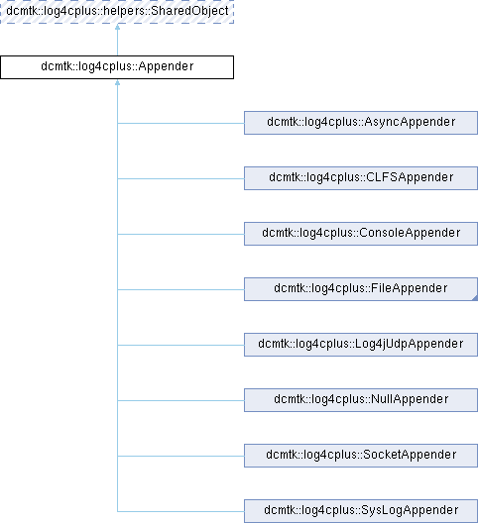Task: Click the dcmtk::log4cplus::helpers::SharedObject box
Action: point(117,11)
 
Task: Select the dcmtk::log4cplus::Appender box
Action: point(117,67)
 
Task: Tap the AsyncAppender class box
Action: point(361,123)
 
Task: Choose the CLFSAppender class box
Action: point(361,178)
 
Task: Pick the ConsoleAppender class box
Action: point(361,234)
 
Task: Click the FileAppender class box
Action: point(361,289)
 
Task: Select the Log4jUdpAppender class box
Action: point(361,345)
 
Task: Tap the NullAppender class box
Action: point(361,400)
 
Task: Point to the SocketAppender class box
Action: point(361,456)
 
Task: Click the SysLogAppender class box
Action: point(361,511)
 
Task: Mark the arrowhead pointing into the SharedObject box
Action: point(117,27)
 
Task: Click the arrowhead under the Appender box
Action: point(117,82)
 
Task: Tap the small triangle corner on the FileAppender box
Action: point(475,298)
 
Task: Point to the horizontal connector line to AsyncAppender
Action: point(180,123)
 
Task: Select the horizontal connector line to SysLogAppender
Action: point(180,511)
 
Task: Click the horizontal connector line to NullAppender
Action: point(180,400)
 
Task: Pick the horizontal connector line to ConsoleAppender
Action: point(180,234)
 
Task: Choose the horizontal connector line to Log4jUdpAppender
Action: point(180,346)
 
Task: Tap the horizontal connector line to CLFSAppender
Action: point(180,178)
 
